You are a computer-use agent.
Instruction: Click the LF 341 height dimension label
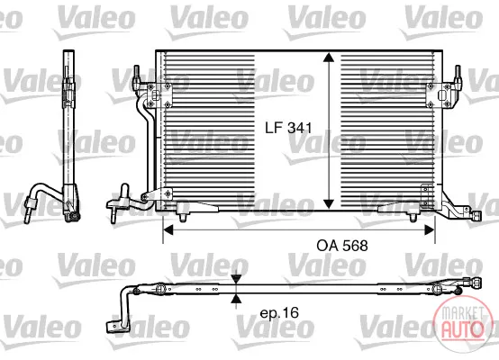(x=288, y=128)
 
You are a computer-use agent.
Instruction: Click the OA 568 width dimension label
(x=342, y=246)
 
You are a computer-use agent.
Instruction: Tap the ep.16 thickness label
(x=279, y=313)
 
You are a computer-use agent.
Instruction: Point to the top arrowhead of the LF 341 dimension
(x=329, y=58)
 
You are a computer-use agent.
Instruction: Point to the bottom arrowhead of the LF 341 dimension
(x=329, y=204)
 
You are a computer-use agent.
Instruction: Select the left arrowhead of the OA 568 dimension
(x=168, y=229)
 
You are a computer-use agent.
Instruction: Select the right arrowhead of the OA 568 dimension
(x=430, y=229)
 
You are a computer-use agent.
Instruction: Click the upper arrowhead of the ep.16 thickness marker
(x=236, y=279)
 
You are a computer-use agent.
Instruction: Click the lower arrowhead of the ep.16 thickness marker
(x=236, y=298)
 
